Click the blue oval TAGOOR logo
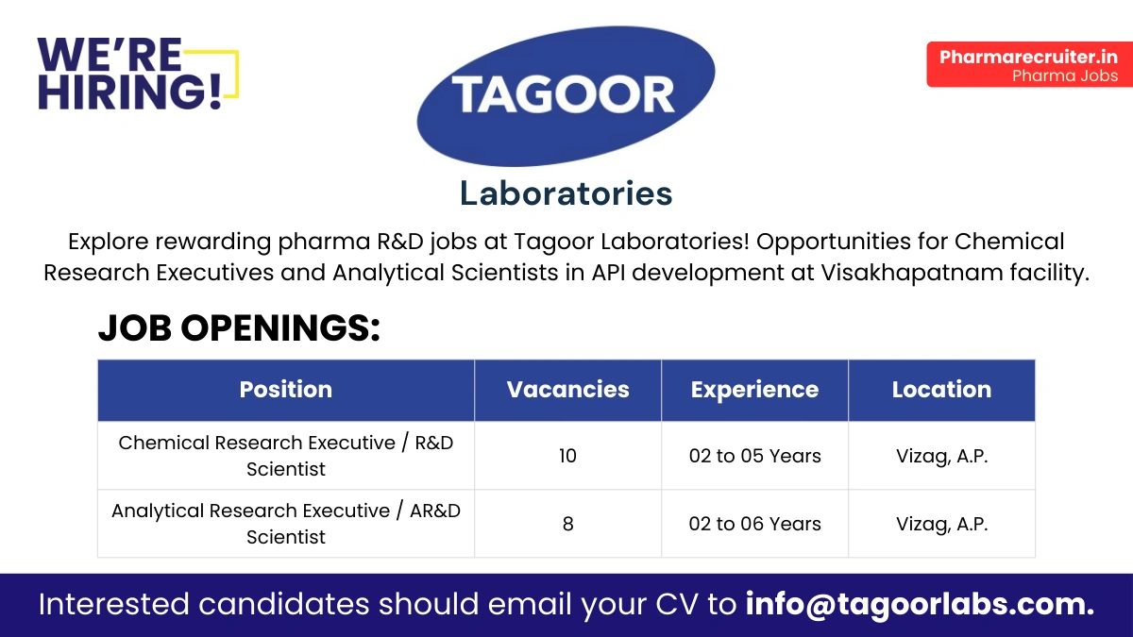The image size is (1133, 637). tap(565, 95)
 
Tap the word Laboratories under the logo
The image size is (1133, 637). tap(566, 193)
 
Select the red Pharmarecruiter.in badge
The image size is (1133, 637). tap(1028, 65)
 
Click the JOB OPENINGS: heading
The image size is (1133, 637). tap(239, 327)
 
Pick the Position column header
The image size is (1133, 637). tap(285, 390)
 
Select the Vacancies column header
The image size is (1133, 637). tap(567, 390)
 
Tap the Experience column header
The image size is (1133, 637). tap(754, 390)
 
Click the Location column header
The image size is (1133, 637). tap(941, 390)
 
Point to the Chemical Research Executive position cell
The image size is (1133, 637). tap(285, 456)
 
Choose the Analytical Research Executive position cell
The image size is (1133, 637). tap(285, 524)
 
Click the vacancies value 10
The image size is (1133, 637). tap(567, 456)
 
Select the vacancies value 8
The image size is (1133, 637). tap(567, 524)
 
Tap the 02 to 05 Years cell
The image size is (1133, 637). tap(754, 456)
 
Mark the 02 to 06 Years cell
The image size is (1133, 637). tap(754, 524)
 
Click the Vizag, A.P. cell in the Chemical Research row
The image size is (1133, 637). tap(941, 456)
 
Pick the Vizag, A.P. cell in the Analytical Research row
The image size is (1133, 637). tap(941, 524)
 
